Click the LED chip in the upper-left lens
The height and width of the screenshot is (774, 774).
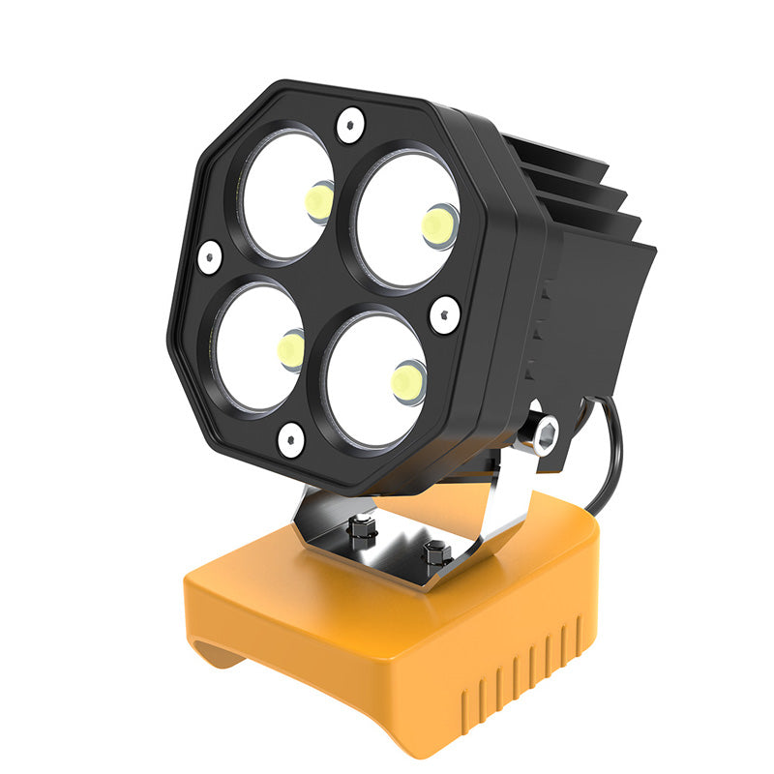pyautogui.click(x=318, y=200)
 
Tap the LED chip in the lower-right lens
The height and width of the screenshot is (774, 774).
pyautogui.click(x=408, y=381)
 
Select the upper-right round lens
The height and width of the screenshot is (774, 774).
pyautogui.click(x=406, y=220)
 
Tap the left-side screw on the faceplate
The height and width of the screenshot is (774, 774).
pyautogui.click(x=209, y=256)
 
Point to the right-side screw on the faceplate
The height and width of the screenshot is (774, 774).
pyautogui.click(x=444, y=314)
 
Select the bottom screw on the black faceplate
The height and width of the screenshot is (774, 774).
pyautogui.click(x=291, y=440)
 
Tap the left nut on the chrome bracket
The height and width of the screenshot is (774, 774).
pyautogui.click(x=363, y=528)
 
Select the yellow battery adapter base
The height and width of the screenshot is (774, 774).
pyautogui.click(x=387, y=629)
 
